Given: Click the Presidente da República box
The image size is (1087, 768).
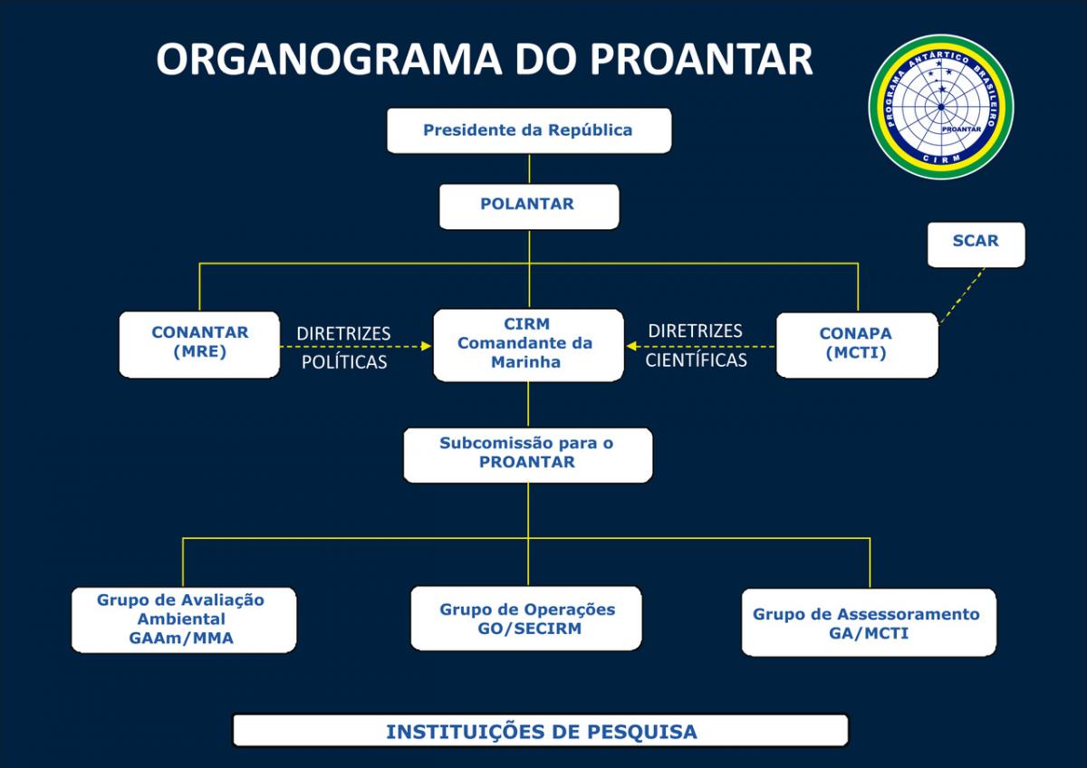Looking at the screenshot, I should point(529,130).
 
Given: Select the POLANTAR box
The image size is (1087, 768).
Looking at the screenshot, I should point(529,206).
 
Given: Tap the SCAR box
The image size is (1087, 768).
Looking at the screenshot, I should point(976,244).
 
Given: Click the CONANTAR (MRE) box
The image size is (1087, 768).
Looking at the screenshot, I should point(199,343).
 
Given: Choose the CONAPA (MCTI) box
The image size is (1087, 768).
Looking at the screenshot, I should point(856,344).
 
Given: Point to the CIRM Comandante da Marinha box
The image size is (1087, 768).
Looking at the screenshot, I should point(528,344).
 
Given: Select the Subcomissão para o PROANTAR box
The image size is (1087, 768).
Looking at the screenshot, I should point(527,454).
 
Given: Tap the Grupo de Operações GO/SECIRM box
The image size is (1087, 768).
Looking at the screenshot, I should point(527,619).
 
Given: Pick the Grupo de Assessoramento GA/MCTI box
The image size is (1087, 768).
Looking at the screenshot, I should point(868,622).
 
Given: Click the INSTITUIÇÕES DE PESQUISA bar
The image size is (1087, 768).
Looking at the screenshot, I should point(541,731).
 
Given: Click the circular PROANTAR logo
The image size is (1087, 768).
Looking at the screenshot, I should point(941,107).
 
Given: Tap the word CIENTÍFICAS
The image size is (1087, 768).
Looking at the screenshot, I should point(696,360).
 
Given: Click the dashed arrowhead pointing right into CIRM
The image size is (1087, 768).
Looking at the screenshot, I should point(426,345).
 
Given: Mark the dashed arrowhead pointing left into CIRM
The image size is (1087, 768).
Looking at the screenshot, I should point(631,345).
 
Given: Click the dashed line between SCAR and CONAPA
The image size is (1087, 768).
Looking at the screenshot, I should point(960,295).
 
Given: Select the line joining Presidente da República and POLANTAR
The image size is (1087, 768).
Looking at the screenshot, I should point(529,168).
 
